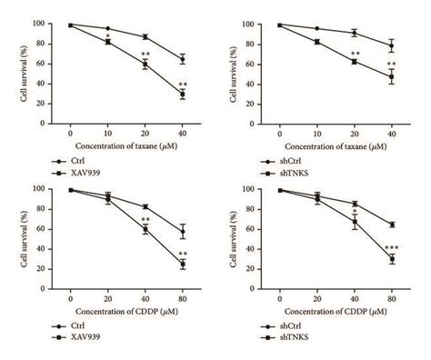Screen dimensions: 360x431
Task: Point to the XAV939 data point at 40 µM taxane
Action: [182, 94]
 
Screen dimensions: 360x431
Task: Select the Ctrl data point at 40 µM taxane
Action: [182, 59]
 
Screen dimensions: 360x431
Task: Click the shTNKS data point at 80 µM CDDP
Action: [392, 259]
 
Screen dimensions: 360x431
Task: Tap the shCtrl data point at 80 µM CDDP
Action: [392, 225]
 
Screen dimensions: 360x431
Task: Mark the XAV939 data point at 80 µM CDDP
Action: [182, 265]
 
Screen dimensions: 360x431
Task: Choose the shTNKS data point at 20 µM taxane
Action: [354, 61]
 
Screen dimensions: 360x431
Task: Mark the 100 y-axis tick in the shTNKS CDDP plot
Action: [257, 189]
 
